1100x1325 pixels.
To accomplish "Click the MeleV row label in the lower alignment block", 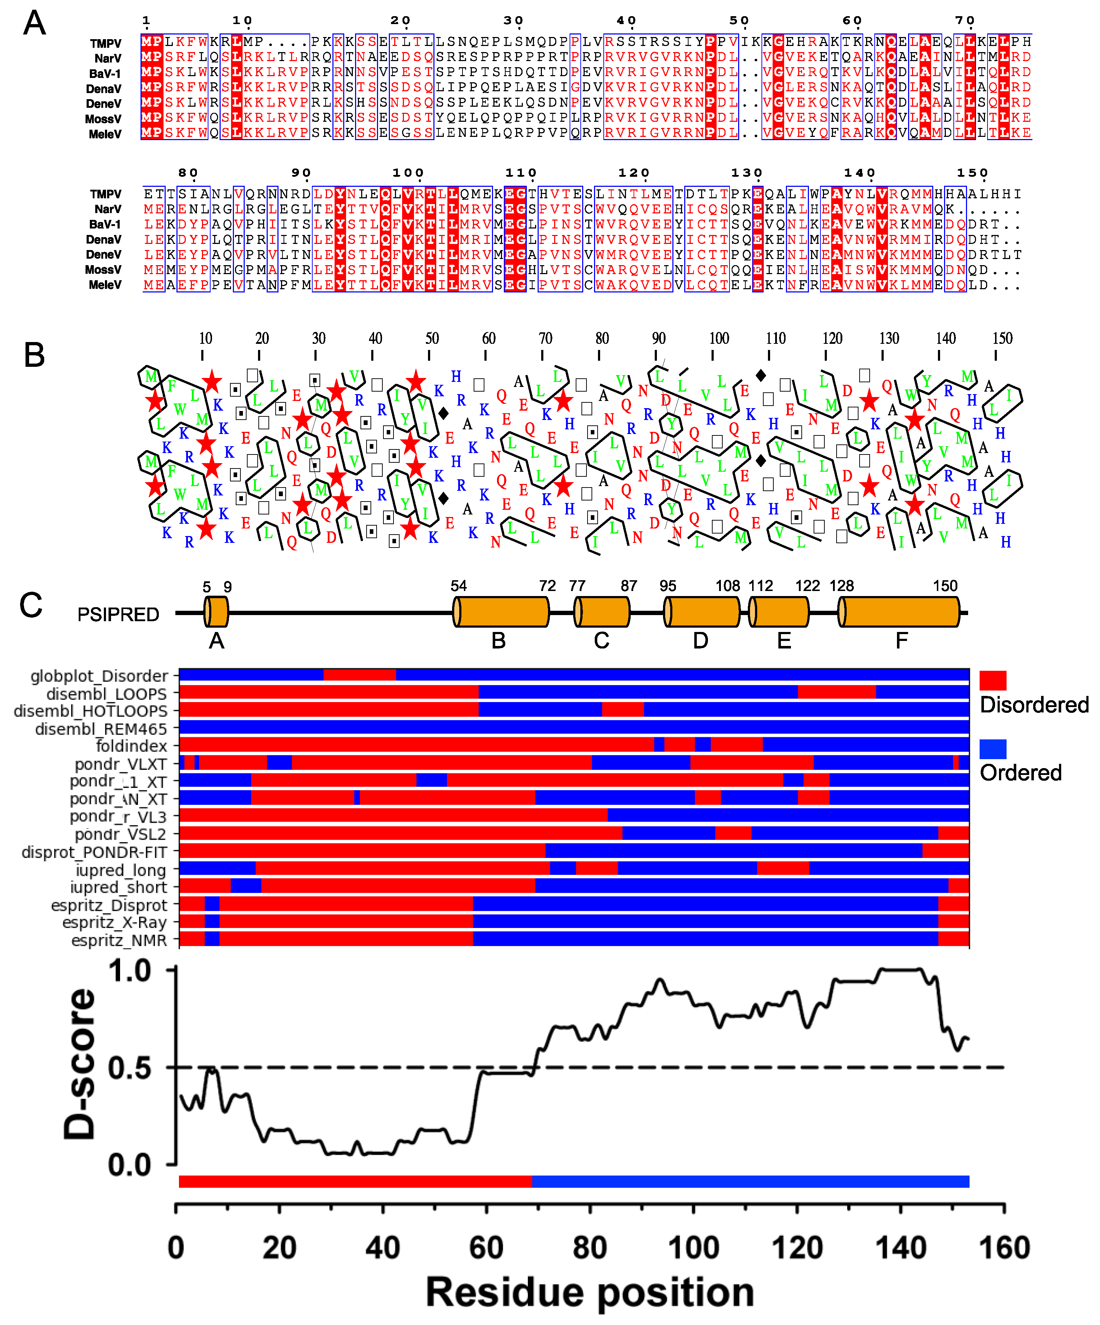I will (105, 285).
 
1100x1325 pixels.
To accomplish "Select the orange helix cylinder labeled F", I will (901, 612).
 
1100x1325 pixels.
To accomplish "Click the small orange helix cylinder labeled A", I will (216, 612).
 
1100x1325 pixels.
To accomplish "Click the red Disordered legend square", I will (993, 680).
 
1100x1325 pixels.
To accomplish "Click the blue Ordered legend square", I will (993, 749).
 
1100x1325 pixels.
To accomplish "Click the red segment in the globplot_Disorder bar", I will (360, 674).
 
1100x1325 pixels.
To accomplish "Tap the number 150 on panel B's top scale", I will (1002, 339).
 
